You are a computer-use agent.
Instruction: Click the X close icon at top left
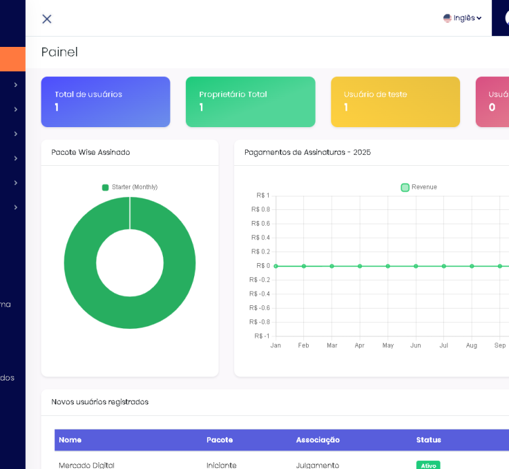47,19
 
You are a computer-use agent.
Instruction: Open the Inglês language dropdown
462,18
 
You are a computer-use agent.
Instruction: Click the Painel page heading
60,52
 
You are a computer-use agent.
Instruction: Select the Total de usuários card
105,102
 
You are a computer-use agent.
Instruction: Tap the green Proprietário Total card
250,102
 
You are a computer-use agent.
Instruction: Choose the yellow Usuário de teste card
395,102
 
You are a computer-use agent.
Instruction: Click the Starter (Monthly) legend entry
130,187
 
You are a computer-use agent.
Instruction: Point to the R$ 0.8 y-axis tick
261,209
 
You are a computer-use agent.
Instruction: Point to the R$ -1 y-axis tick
262,336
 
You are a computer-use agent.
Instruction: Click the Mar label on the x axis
332,345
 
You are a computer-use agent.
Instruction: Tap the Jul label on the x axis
444,345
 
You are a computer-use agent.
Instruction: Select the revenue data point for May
388,266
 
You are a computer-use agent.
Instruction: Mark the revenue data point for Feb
304,266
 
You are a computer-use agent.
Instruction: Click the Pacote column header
219,440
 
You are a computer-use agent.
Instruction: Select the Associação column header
318,440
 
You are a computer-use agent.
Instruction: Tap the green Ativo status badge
428,465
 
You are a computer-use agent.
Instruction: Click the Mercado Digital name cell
86,465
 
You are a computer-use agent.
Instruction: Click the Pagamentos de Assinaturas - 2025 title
307,152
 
